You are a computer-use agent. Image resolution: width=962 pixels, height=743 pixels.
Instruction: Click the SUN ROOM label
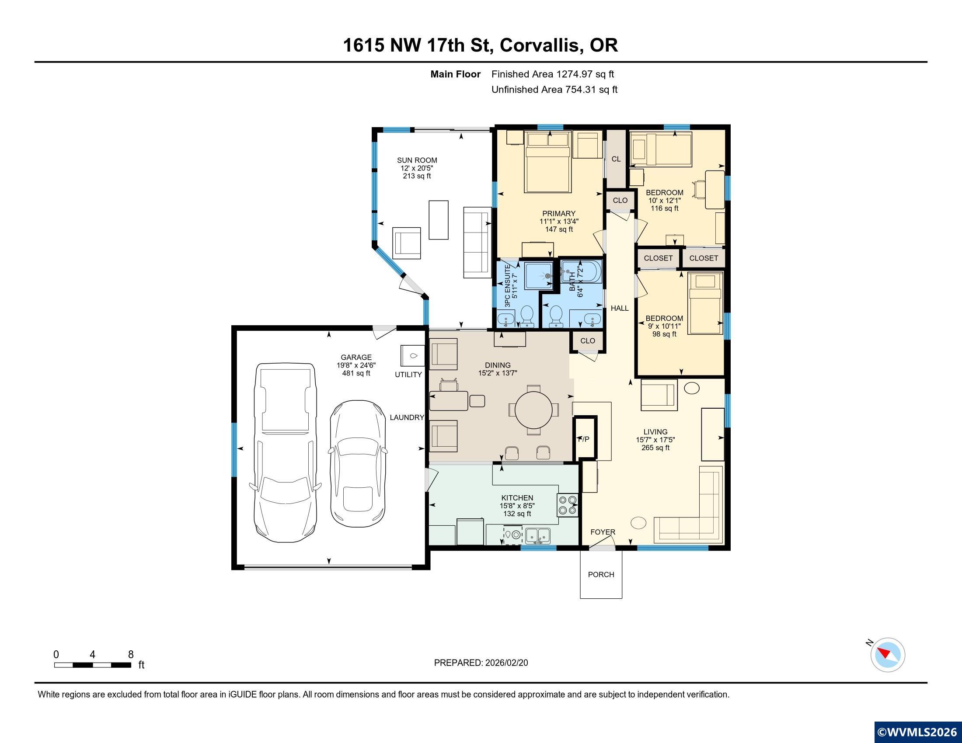click(417, 160)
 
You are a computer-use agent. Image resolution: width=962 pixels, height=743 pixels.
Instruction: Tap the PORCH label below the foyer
click(601, 574)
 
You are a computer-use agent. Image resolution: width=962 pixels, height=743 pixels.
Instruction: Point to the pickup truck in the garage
click(286, 452)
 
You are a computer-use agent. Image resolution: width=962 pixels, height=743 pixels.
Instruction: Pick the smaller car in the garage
click(357, 463)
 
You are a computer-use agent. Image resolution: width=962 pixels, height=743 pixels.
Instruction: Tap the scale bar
click(93, 665)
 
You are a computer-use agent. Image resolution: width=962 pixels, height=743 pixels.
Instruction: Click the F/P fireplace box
click(585, 439)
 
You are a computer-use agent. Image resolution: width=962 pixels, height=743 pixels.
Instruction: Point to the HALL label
click(619, 308)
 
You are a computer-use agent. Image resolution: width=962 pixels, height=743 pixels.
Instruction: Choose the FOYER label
click(603, 532)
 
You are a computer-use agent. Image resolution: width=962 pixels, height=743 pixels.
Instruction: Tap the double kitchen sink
click(538, 536)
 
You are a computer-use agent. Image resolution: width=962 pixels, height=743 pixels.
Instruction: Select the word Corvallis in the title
click(540, 45)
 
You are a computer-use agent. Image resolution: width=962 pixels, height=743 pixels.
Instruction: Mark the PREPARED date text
click(481, 663)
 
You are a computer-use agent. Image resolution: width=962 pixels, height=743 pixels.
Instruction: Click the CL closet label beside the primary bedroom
click(616, 159)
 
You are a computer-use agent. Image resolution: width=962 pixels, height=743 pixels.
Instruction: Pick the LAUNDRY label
click(407, 417)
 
